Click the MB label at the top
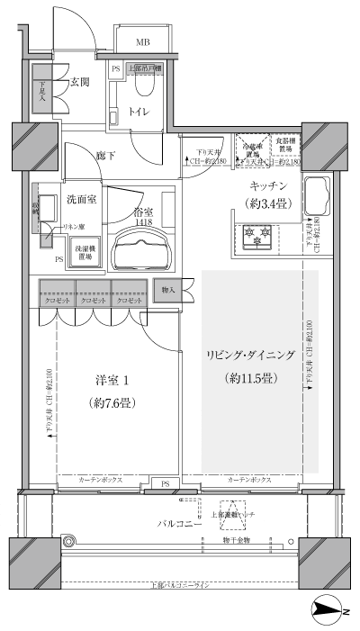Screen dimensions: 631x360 [142, 42]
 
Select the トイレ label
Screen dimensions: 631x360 [139, 113]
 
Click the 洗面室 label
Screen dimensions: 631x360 [81, 198]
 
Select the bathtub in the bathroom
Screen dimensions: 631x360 [141, 246]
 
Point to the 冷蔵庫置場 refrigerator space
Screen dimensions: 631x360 [251, 150]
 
